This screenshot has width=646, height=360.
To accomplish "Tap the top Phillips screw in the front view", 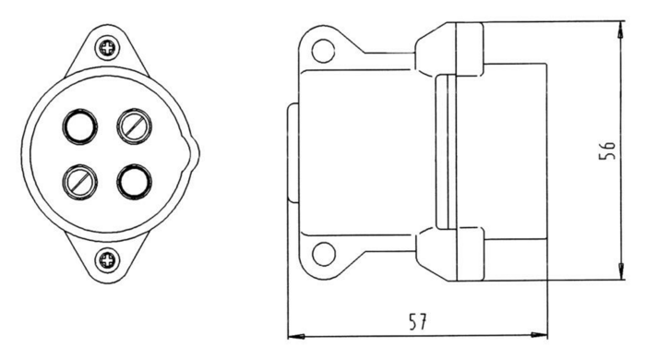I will [109, 44].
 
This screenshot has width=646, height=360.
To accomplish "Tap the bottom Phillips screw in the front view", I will [109, 260].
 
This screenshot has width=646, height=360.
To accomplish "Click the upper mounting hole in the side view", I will [321, 51].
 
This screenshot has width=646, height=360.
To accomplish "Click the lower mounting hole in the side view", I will [321, 251].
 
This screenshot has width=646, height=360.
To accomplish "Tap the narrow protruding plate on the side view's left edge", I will [293, 153].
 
